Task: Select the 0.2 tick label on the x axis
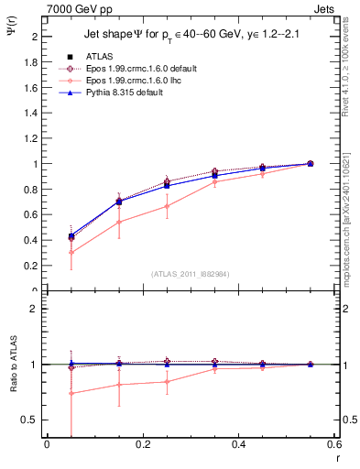point(142,445)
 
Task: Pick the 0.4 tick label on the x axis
point(239,445)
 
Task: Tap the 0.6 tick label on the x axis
point(335,445)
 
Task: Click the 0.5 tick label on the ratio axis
point(32,420)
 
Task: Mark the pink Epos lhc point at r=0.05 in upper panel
point(71,253)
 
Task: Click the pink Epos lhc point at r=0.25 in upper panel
point(167,206)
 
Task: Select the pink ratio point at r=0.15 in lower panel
point(119,385)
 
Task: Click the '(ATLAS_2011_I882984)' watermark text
point(191,274)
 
